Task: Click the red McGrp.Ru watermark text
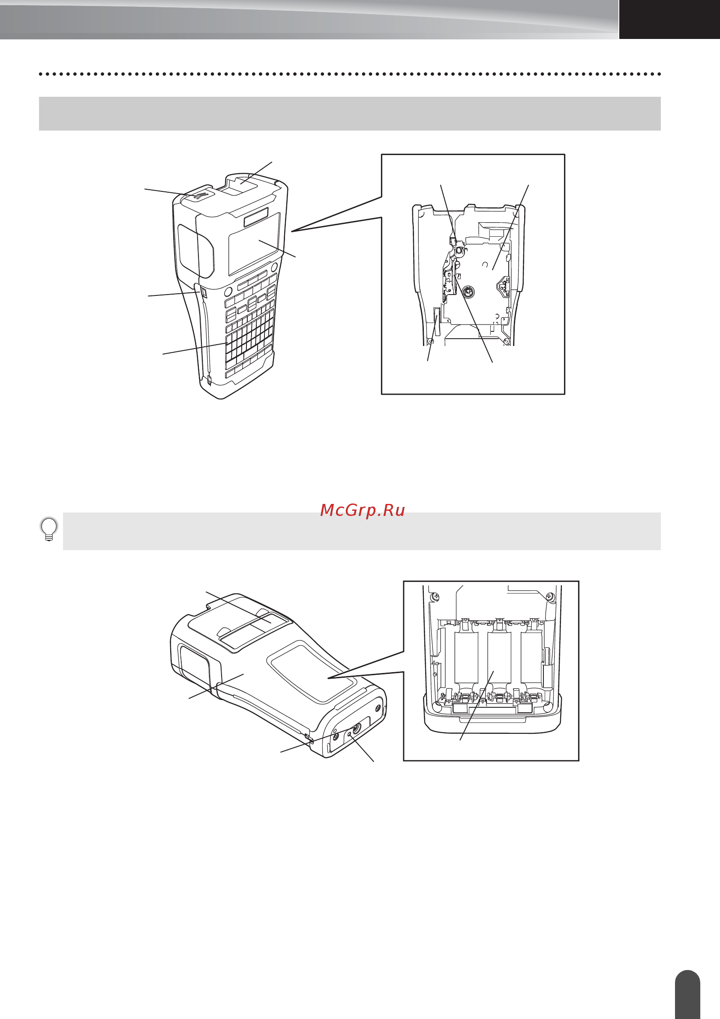[363, 510]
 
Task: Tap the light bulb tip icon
[49, 529]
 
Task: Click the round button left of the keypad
[228, 292]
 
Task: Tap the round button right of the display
[274, 267]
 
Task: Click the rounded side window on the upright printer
[195, 251]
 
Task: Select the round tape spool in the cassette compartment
[468, 292]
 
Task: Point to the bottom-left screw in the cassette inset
[430, 341]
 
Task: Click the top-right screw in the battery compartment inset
[550, 596]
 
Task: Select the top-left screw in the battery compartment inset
[436, 596]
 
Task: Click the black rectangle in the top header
[669, 20]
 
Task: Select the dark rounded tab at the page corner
[687, 994]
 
